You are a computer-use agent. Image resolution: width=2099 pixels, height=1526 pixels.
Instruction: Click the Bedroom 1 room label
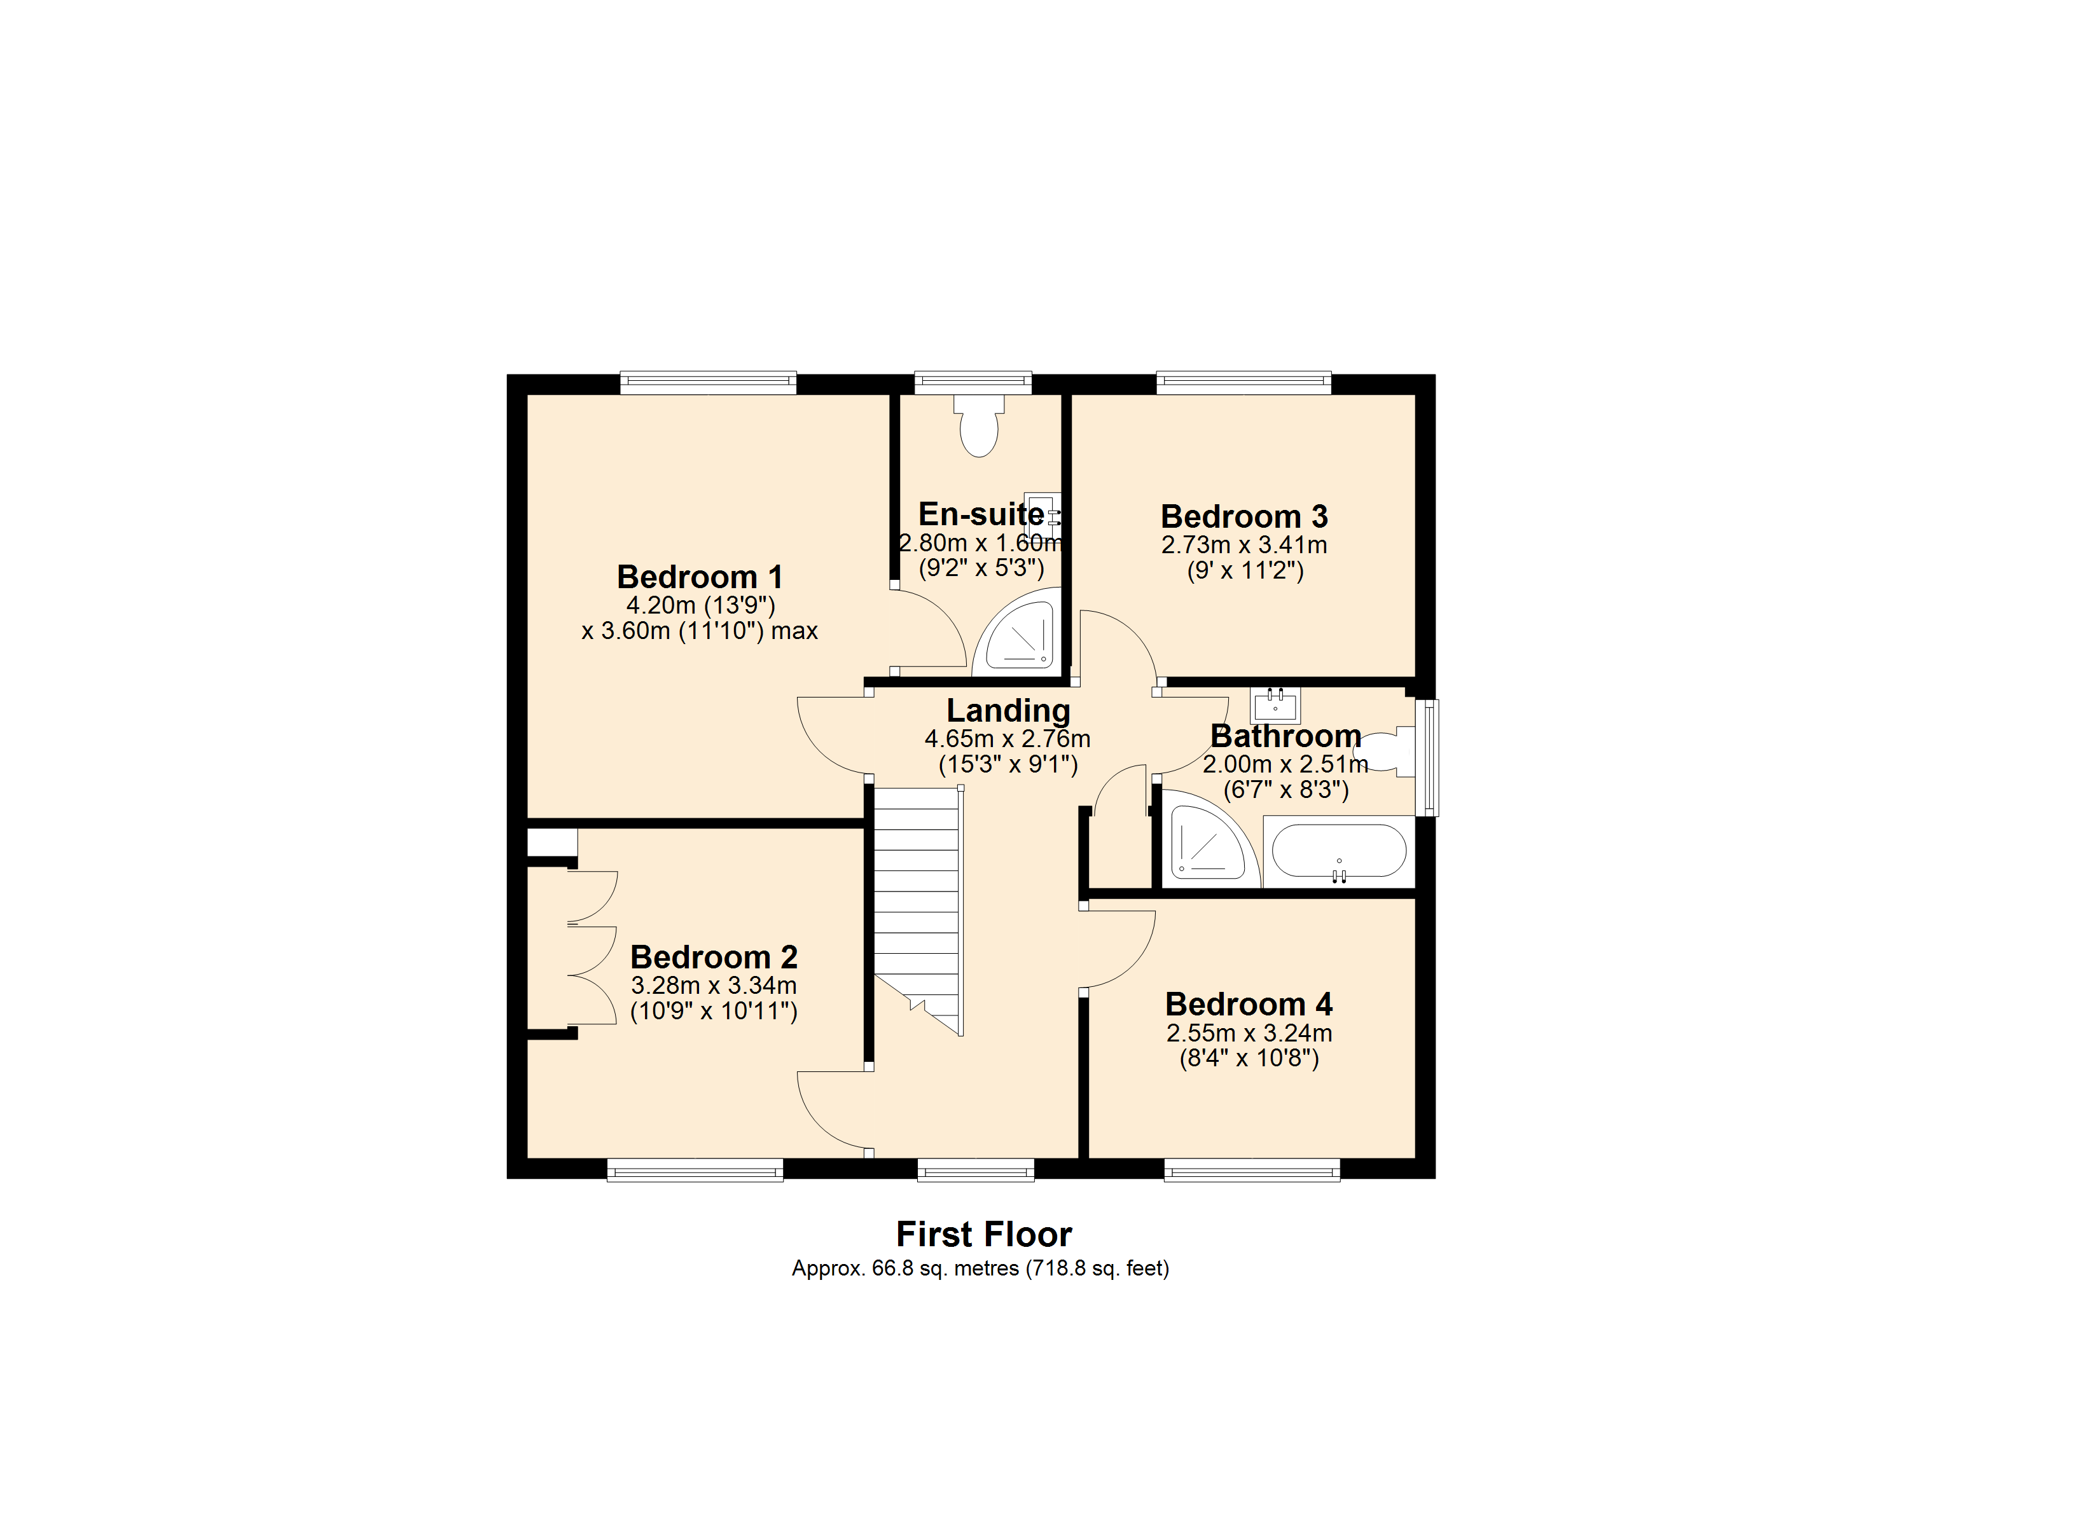tap(700, 577)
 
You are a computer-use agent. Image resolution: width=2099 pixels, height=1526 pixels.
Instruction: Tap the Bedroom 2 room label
tap(714, 957)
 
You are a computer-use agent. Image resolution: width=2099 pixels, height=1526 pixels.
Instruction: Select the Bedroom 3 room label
tap(1244, 516)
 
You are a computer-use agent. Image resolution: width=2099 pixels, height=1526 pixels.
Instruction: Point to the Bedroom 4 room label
tap(1249, 1004)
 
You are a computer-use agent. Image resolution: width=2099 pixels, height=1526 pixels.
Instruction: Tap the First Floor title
tap(984, 1235)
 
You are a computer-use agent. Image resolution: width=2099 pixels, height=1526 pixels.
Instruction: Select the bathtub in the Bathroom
tap(1338, 851)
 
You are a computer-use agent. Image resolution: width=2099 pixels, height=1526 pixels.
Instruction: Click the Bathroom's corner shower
tap(1210, 839)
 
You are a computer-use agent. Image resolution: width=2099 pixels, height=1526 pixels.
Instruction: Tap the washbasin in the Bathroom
tap(1275, 706)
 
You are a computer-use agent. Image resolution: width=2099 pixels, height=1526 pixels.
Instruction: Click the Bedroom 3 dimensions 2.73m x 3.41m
tap(1244, 545)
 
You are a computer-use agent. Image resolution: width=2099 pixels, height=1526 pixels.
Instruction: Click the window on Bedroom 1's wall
tap(708, 382)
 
